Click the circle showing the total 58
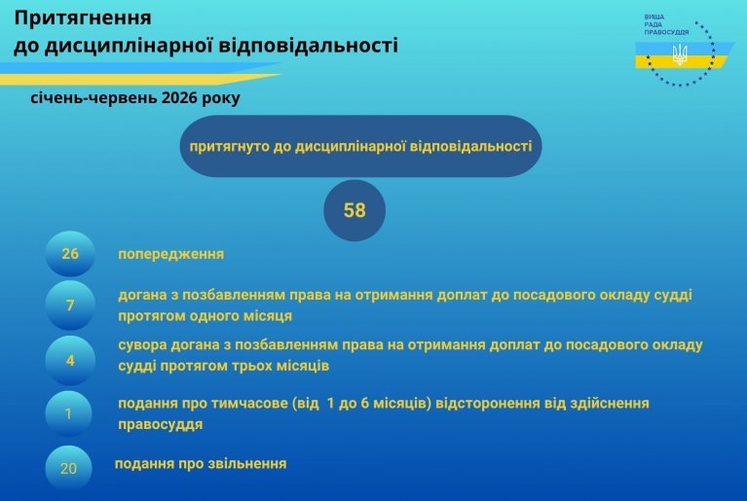[x=355, y=210]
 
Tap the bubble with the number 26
[x=70, y=254]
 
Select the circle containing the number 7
[x=70, y=304]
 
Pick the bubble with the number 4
[x=70, y=360]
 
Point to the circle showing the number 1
[x=68, y=413]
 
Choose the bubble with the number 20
[x=68, y=468]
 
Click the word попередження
[x=171, y=254]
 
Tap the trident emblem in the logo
[x=680, y=54]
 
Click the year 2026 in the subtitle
[x=179, y=97]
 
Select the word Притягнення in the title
[x=83, y=18]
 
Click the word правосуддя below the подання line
[x=161, y=424]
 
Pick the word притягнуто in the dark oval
[x=230, y=147]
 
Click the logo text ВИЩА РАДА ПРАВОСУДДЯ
[x=666, y=24]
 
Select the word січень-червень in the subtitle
[x=93, y=97]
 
